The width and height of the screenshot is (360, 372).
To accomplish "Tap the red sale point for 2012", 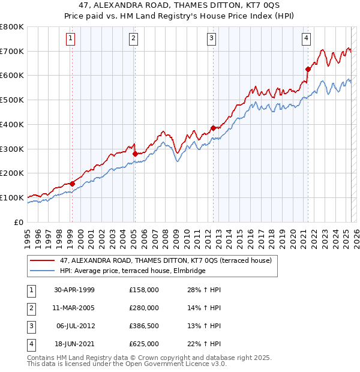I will (213, 128).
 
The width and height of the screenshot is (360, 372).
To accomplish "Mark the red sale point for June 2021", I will (308, 69).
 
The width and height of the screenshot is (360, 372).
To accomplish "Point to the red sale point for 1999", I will (72, 184).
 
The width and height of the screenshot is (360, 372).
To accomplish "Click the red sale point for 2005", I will (135, 154).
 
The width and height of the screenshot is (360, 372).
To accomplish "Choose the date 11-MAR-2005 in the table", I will (74, 308).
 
